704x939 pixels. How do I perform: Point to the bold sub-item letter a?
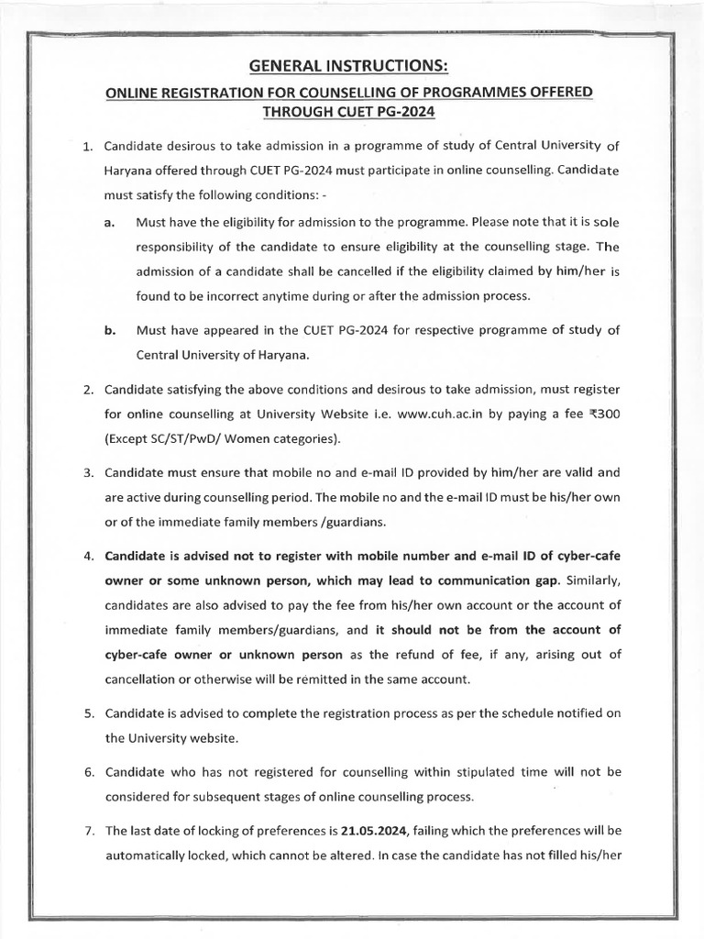[x=109, y=223]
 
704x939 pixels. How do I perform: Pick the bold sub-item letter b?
[x=109, y=331]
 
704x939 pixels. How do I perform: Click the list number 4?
[x=88, y=557]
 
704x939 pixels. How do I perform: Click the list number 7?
[x=88, y=832]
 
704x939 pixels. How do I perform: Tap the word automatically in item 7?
[x=147, y=856]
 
